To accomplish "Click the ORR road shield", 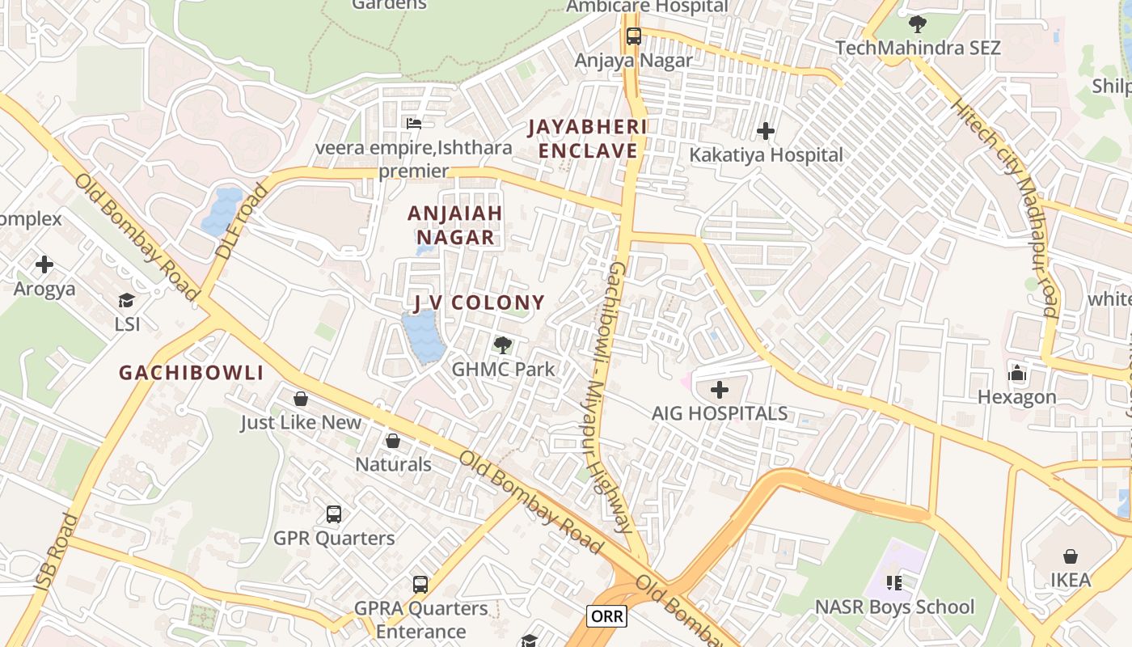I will tap(607, 616).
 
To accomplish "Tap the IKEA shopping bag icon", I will tap(1070, 556).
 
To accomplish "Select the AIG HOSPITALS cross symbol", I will tap(719, 391).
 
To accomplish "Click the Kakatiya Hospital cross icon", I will tap(766, 130).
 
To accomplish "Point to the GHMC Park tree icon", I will tap(502, 345).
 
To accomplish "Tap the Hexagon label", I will tap(1016, 397).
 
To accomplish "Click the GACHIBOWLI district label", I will tap(192, 373).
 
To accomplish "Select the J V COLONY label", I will tap(479, 302).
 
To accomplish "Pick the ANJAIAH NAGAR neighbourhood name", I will tap(455, 225).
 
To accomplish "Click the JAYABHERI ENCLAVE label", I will tap(588, 139).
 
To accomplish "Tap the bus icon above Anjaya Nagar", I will tap(633, 36).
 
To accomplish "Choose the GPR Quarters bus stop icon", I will tap(333, 514).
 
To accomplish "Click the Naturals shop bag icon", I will tap(393, 441).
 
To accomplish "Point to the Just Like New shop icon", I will tap(301, 399).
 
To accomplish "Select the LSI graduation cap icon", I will tap(126, 301).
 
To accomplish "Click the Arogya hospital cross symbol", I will tap(44, 264).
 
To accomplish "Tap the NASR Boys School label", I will tap(894, 607).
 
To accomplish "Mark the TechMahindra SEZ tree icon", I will tap(917, 24).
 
